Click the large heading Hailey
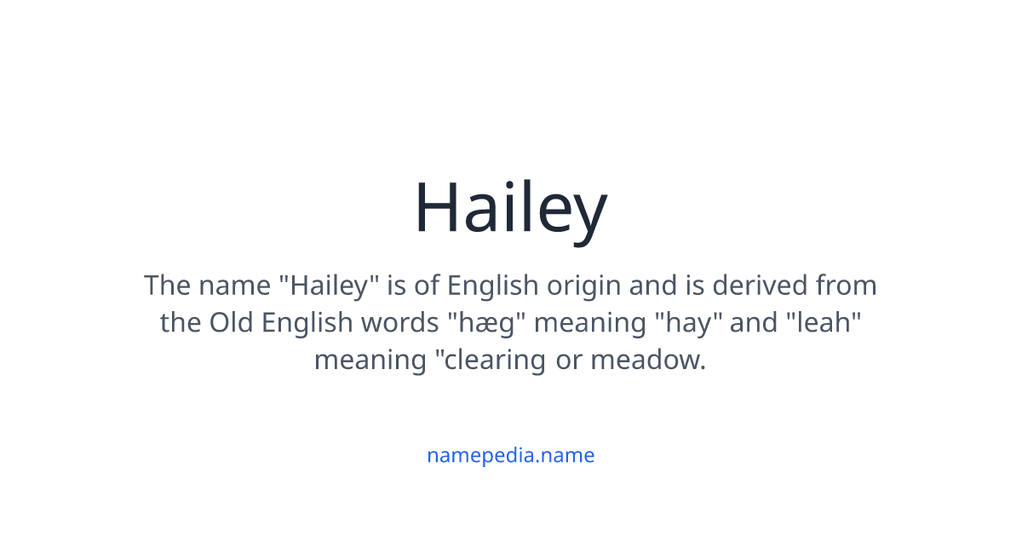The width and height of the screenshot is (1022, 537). (x=510, y=209)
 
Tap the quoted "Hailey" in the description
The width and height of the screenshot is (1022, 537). (x=334, y=285)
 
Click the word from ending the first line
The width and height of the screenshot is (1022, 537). (x=847, y=285)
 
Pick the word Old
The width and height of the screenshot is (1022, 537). (x=232, y=322)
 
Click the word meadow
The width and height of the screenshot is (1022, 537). (x=647, y=360)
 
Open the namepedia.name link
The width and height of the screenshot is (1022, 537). (x=510, y=455)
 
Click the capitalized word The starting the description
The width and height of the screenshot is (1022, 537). (x=168, y=285)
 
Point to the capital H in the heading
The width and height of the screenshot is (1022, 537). (x=436, y=209)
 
